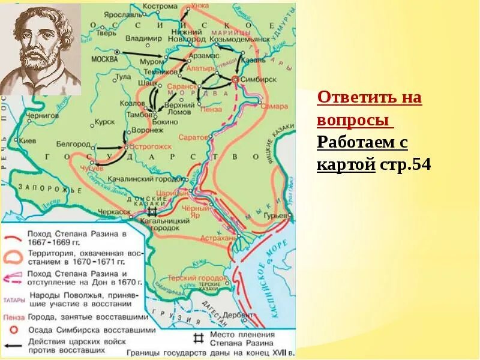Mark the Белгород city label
74,145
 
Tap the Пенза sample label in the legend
14,317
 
